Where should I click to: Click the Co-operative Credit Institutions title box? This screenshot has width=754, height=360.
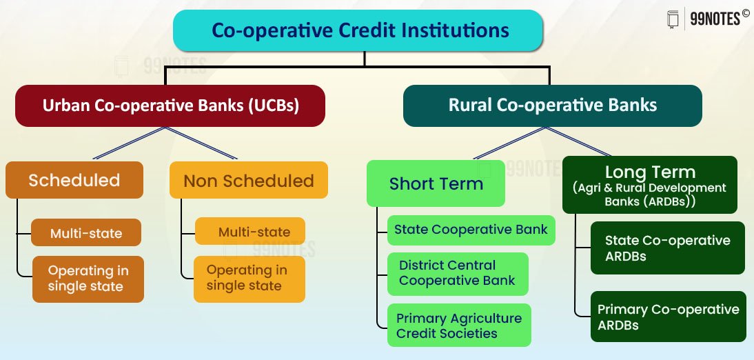358,30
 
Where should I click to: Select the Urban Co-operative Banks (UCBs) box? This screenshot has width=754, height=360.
170,106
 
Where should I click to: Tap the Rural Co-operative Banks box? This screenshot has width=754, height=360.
553,106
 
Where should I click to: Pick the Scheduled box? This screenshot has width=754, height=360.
74,180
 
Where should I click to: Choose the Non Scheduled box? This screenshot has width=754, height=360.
249,180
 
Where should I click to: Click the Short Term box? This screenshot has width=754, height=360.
436,183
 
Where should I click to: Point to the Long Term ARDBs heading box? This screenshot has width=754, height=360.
650,185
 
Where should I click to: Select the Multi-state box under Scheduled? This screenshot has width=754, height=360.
86,232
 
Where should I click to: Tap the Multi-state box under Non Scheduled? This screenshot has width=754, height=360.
250,231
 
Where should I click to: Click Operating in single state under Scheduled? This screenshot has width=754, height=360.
88,279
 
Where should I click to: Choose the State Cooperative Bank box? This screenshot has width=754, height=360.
471,230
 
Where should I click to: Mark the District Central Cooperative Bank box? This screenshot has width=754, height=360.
458,274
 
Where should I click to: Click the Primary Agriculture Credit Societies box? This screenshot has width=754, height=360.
459,325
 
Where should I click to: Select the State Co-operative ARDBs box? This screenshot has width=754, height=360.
667,248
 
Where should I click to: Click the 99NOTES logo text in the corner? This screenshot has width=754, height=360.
715,19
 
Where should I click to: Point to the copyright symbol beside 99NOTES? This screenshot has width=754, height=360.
745,13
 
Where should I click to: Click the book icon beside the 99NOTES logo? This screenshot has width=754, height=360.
673,19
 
